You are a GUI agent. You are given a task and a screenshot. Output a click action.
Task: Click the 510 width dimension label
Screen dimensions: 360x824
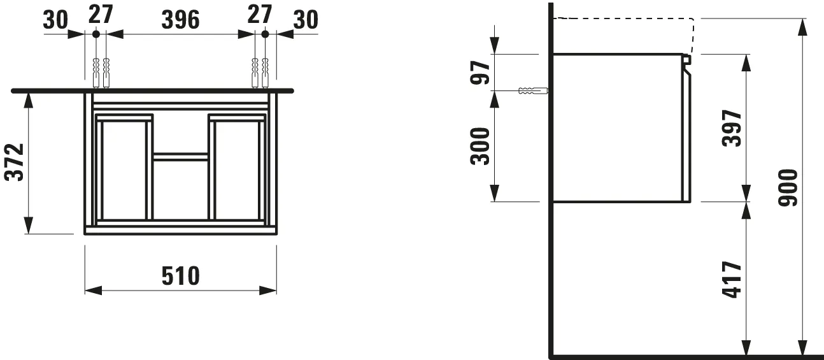pyautogui.click(x=181, y=276)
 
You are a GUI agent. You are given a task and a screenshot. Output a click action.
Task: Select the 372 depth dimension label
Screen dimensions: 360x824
pyautogui.click(x=15, y=162)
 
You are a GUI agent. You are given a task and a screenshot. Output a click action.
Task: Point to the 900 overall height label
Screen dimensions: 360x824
pyautogui.click(x=789, y=189)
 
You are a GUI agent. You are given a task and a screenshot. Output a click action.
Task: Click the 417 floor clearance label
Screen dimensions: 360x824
pyautogui.click(x=733, y=279)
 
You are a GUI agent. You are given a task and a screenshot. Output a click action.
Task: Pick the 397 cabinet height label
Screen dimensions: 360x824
pyautogui.click(x=733, y=128)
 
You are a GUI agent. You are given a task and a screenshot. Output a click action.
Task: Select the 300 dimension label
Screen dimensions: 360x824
pyautogui.click(x=480, y=146)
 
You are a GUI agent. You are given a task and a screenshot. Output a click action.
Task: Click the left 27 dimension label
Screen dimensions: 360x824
pyautogui.click(x=101, y=15)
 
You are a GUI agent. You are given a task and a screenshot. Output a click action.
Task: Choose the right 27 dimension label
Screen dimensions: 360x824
pyautogui.click(x=260, y=15)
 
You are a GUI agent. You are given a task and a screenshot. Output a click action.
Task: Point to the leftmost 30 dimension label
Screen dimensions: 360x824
pyautogui.click(x=55, y=20)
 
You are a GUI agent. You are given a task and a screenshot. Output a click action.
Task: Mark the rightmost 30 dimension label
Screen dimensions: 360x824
pyautogui.click(x=305, y=20)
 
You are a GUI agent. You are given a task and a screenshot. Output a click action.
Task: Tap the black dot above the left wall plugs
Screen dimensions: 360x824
pyautogui.click(x=95, y=34)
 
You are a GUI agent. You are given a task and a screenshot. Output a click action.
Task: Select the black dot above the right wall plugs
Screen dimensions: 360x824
pyautogui.click(x=266, y=34)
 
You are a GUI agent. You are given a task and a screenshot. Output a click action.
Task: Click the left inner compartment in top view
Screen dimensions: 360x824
pyautogui.click(x=124, y=169)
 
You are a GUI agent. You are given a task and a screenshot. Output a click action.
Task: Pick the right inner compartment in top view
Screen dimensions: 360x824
pyautogui.click(x=236, y=169)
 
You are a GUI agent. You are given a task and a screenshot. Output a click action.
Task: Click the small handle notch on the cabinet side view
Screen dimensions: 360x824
pyautogui.click(x=686, y=61)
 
